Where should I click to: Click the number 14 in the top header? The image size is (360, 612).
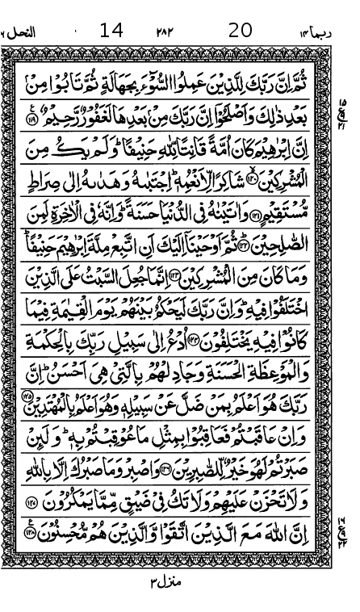tap(111, 31)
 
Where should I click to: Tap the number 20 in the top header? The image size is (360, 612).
tap(240, 31)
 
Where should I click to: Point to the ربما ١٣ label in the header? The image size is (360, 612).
tap(315, 31)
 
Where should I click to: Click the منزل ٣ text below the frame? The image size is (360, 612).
tap(165, 581)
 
